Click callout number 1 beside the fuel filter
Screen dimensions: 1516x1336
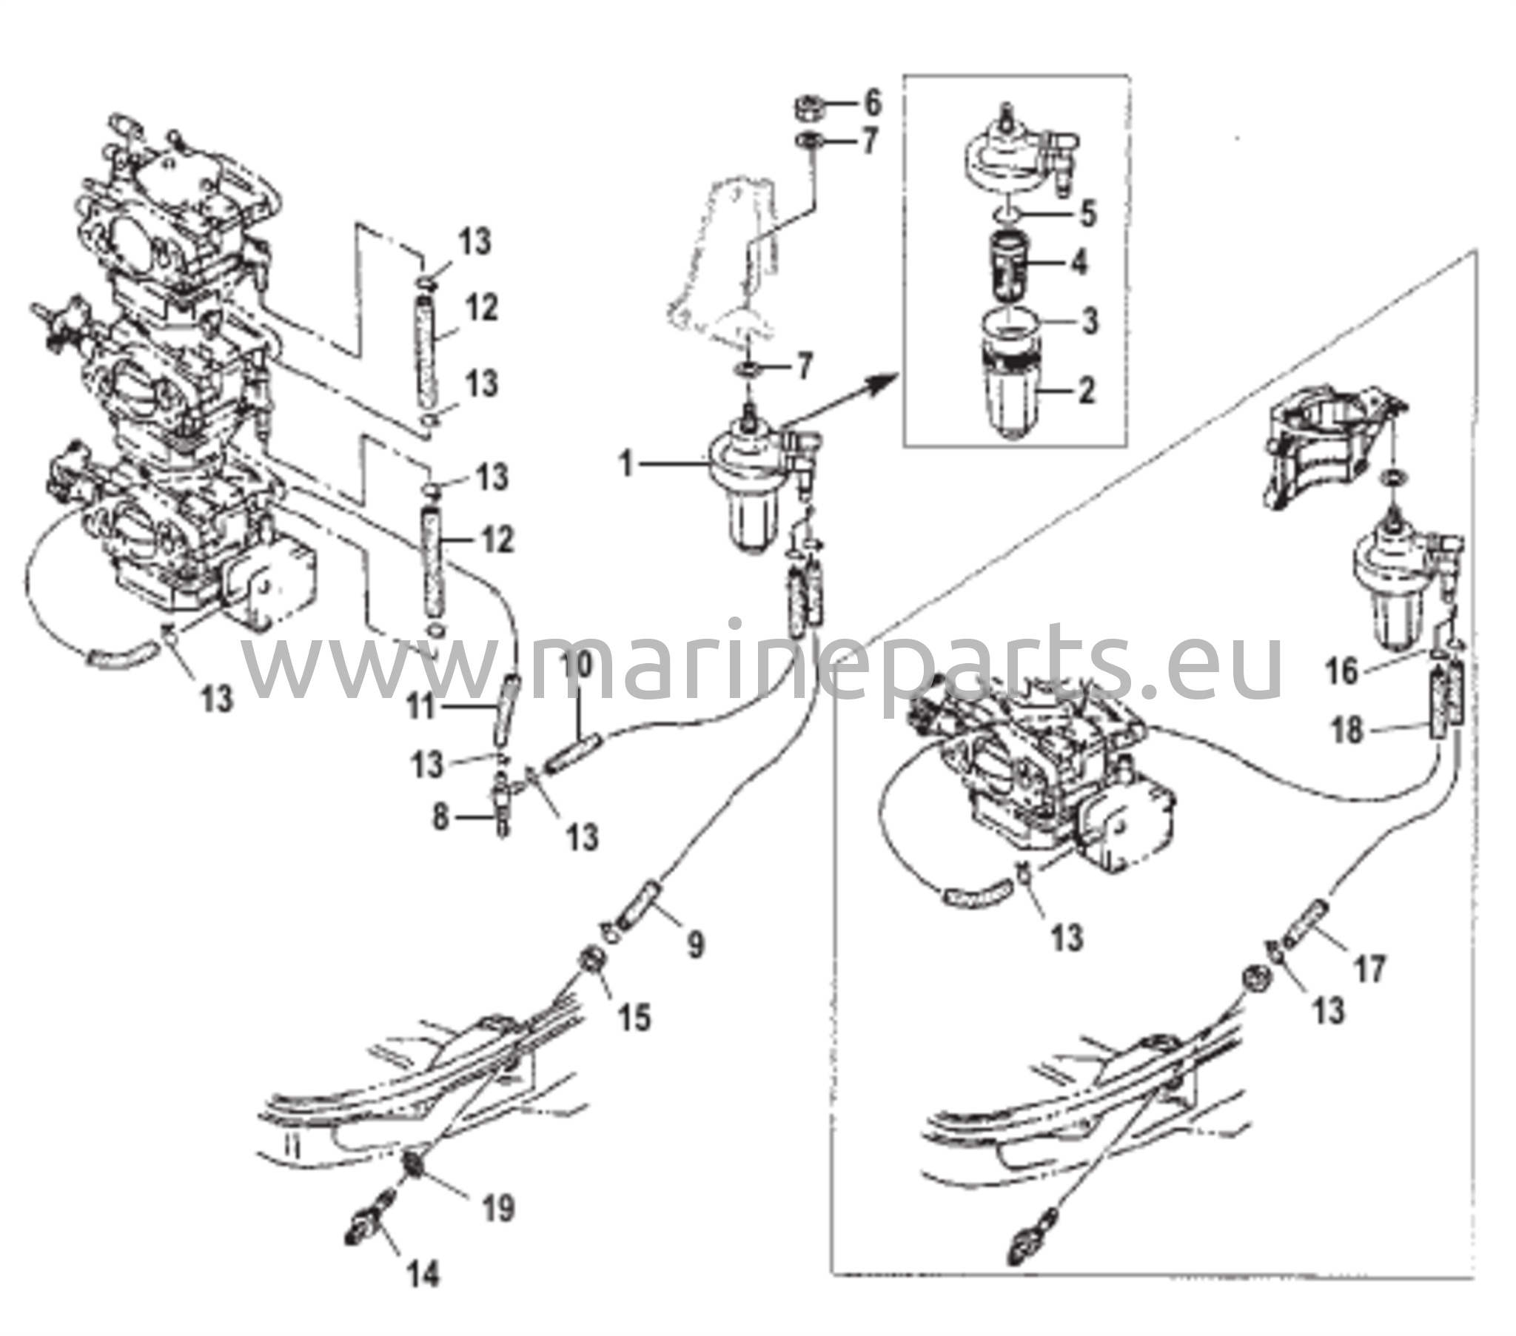click(x=627, y=466)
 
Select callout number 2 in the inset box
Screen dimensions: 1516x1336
click(x=1087, y=391)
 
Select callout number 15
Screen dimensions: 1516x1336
click(x=636, y=1017)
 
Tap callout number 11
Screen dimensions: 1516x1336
click(x=422, y=705)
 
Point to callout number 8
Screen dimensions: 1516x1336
click(x=440, y=818)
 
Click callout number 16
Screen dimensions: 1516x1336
click(x=1343, y=673)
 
